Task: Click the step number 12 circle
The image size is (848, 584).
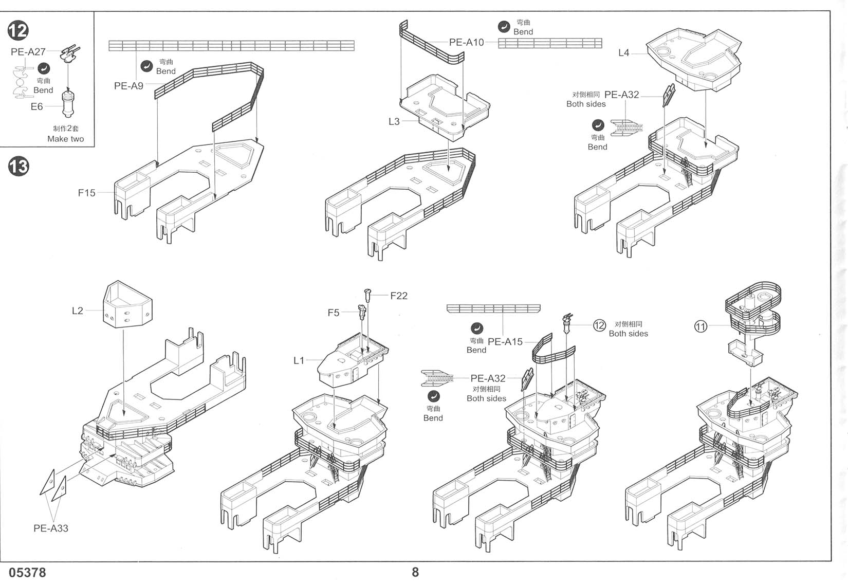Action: point(18,31)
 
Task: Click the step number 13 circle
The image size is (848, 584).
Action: point(18,167)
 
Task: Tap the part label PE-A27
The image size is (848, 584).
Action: point(28,52)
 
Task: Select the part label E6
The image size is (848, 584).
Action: point(36,107)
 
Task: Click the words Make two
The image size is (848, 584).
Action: point(65,139)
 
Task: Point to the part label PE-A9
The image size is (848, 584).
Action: point(128,86)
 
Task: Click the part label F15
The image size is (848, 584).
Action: point(86,193)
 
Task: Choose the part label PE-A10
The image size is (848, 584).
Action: point(466,42)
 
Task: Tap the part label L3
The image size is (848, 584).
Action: point(394,122)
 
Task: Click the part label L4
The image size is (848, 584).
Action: point(623,53)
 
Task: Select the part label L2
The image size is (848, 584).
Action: point(77,311)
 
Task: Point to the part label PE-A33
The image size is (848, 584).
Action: point(51,528)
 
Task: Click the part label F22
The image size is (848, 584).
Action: point(399,296)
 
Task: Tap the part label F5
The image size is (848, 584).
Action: point(334,313)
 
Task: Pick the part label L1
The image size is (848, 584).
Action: point(299,361)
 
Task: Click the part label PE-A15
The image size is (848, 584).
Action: point(505,342)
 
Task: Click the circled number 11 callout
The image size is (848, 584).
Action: point(700,326)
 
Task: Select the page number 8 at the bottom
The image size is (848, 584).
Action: point(415,572)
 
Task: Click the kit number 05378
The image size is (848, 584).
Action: point(27,573)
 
